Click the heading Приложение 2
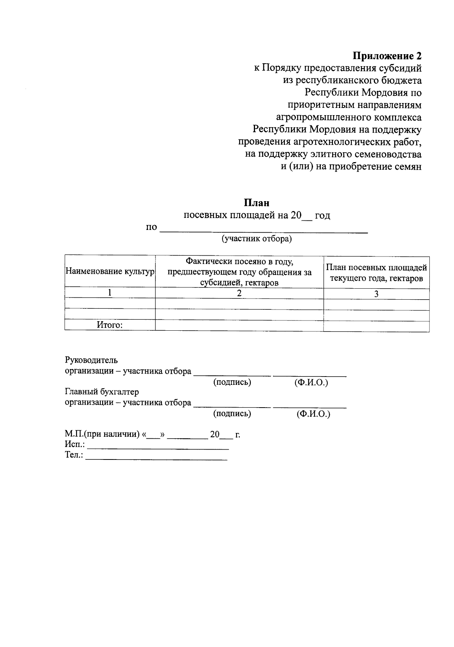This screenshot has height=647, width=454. (x=387, y=56)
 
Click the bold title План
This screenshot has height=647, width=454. (x=257, y=203)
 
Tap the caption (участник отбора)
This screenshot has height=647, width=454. (x=257, y=239)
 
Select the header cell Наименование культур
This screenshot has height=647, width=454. (x=110, y=272)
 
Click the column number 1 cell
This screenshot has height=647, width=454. (x=110, y=292)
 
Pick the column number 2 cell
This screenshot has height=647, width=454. (x=239, y=293)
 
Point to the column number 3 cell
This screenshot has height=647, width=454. (x=376, y=294)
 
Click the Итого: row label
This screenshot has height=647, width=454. (x=110, y=325)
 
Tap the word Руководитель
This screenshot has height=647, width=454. (x=92, y=360)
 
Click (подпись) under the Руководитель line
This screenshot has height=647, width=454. (x=232, y=382)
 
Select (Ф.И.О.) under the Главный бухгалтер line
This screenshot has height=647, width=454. (x=313, y=414)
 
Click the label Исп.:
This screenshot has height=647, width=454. (x=75, y=444)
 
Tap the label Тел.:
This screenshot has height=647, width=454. (x=74, y=455)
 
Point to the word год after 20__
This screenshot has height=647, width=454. (x=322, y=216)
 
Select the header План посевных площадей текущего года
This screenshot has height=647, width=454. (x=376, y=273)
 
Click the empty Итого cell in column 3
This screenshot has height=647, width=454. (x=376, y=326)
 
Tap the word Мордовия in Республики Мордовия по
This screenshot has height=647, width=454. (x=385, y=93)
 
